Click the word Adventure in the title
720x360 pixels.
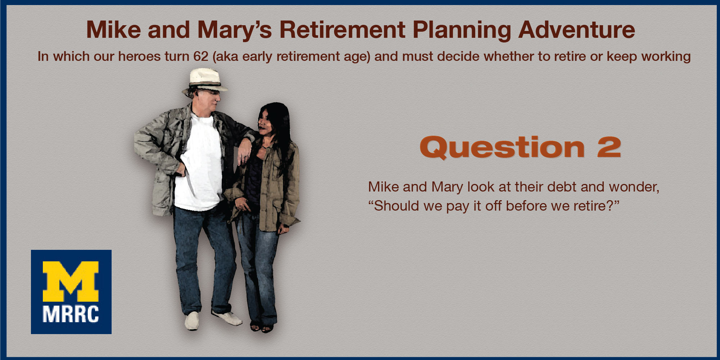(577, 30)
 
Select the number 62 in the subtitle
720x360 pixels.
(201, 57)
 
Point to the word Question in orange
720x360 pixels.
(502, 147)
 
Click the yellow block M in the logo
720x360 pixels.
(71, 282)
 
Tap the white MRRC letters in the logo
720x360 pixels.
(71, 314)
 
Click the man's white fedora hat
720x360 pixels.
(204, 82)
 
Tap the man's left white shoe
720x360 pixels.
(192, 320)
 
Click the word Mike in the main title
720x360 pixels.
(113, 30)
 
